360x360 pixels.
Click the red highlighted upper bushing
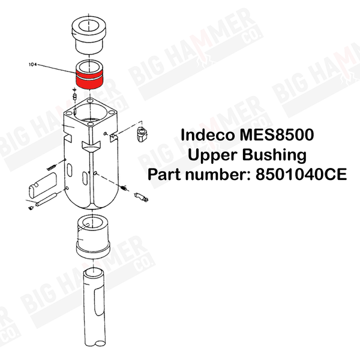[x=89, y=79]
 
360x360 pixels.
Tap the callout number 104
[x=32, y=65]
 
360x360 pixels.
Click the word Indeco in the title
[x=208, y=135]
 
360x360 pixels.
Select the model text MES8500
[x=277, y=135]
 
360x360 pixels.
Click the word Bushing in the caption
[x=274, y=155]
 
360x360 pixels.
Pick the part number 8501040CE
[x=301, y=175]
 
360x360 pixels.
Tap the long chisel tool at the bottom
[x=94, y=307]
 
